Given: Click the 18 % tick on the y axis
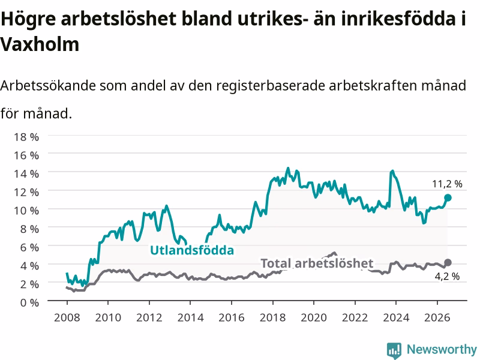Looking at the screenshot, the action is click(x=26, y=137).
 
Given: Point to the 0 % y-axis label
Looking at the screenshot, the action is click(x=29, y=303).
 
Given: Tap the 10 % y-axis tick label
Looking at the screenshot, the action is click(x=26, y=211).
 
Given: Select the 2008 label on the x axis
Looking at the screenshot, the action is click(x=67, y=317).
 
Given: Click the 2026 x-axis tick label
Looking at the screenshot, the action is click(x=437, y=317).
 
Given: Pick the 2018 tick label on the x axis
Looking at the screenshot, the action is click(x=272, y=317).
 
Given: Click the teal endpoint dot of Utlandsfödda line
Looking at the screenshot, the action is click(x=448, y=198).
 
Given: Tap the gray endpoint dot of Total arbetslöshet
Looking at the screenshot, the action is click(x=448, y=262).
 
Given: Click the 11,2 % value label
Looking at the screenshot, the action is click(x=447, y=184).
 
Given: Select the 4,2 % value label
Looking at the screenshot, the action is click(x=447, y=277).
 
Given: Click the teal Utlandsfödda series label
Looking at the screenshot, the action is click(x=192, y=250).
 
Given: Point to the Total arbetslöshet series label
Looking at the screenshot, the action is click(x=317, y=263).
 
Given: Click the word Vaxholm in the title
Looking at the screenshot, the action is click(x=40, y=44).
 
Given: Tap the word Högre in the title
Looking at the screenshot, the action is click(x=28, y=19).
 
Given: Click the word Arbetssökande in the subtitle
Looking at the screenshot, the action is click(x=48, y=85).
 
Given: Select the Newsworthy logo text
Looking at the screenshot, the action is click(x=442, y=349).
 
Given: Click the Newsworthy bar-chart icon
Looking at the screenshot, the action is click(x=394, y=350).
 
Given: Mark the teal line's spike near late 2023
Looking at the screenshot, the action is click(x=392, y=171).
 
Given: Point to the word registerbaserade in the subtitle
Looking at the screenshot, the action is click(x=271, y=85).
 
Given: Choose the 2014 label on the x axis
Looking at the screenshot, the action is click(x=190, y=317).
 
